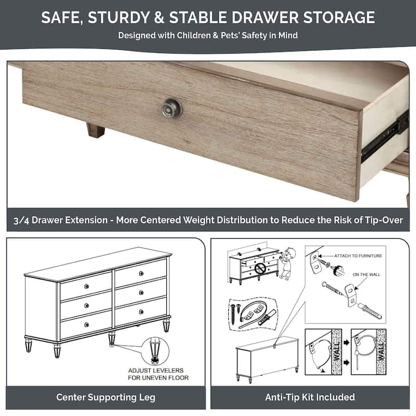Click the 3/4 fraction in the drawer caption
[x=23, y=220]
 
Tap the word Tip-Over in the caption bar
[x=382, y=220]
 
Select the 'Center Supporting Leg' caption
[x=106, y=397]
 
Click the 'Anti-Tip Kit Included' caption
[x=310, y=397]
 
